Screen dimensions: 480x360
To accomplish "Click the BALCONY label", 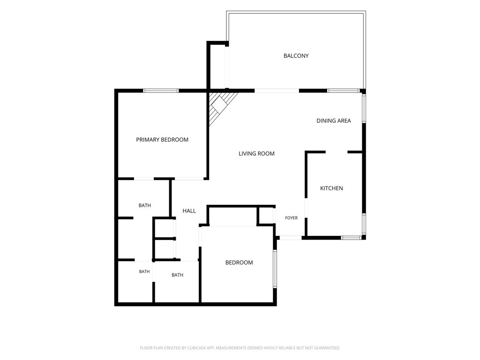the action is coord(296,56).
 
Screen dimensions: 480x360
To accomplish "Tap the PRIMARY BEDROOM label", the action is coord(162,140).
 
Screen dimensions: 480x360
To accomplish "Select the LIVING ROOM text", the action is coord(256,154).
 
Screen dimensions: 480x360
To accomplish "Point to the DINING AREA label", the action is coord(333,120).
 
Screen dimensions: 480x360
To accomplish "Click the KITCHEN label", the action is coord(331,188).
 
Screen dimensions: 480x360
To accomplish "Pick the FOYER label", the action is coord(291,218).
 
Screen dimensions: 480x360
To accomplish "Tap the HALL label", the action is coord(189,210).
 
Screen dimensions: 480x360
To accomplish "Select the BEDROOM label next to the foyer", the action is coord(239,262).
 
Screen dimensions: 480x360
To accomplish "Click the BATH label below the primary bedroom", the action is coord(144,205).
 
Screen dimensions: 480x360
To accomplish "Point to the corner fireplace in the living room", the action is coord(220,105).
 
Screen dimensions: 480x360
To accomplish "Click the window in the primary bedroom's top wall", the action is coord(161,90).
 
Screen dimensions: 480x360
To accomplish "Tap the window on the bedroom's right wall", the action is coord(275,269).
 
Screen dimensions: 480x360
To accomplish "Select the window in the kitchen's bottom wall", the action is coord(352,238).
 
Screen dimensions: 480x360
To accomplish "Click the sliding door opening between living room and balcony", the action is coord(277,90).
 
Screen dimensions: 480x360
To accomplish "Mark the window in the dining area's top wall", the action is coord(344,90).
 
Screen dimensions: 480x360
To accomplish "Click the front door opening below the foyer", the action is coord(291,238).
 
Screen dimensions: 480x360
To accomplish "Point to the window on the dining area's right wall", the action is coord(364,108).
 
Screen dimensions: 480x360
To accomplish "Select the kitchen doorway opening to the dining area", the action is coord(337,152).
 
